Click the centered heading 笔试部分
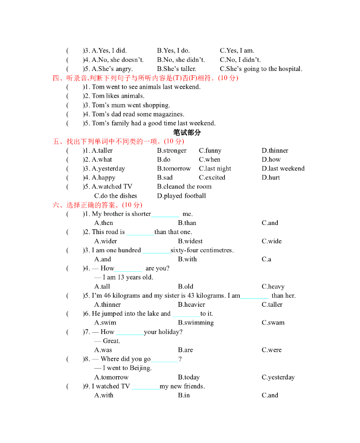187,132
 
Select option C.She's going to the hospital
261,69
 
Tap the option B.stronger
172,151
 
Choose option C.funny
210,151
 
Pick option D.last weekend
283,169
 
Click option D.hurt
271,178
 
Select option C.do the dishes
116,196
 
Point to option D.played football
181,196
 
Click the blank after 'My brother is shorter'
165,215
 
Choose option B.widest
190,241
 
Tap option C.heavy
273,286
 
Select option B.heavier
191,305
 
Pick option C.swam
273,323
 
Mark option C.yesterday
278,377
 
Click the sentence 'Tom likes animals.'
118,96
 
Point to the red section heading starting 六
97,205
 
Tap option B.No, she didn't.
181,60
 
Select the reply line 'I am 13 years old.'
124,277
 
